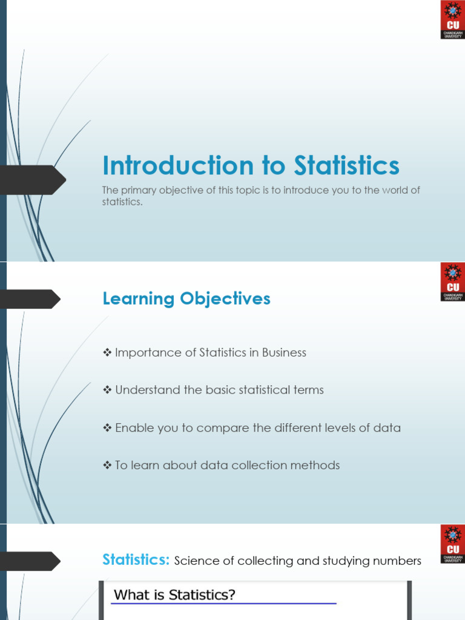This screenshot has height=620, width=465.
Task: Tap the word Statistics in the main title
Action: [347, 166]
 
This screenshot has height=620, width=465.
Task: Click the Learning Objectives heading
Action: [186, 298]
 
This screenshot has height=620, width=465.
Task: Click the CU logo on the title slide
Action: [452, 20]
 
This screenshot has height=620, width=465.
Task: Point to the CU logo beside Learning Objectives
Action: [452, 282]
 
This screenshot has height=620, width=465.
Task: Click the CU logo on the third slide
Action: [452, 544]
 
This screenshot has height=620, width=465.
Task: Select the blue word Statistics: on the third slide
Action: [136, 560]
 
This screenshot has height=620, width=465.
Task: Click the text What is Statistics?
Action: [174, 595]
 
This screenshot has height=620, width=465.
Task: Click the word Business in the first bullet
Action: [284, 352]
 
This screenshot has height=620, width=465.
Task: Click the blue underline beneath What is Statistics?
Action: [224, 604]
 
